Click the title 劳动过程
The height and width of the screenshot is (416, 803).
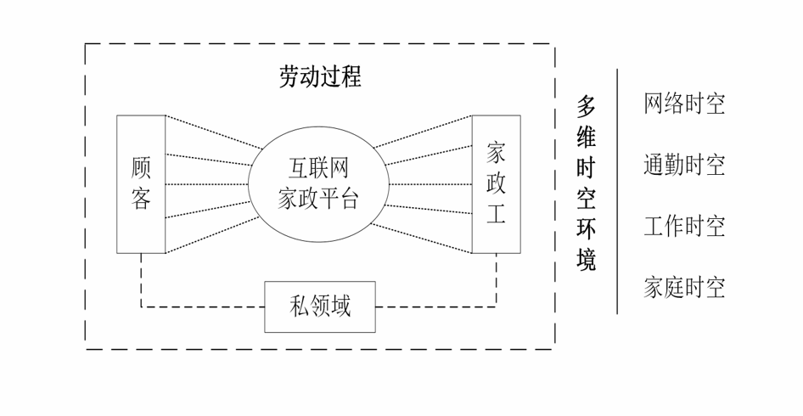321,77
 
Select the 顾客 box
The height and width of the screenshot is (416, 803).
141,183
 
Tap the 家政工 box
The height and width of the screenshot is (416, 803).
496,183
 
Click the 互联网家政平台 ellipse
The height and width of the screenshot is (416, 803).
318,183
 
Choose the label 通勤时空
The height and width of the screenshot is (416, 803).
684,165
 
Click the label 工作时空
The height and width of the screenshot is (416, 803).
684,227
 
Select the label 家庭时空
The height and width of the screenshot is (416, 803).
684,288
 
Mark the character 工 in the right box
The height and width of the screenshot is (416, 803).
496,213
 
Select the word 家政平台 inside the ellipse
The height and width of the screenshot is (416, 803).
318,200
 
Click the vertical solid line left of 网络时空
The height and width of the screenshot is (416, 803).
617,191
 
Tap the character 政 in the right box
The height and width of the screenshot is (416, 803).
496,183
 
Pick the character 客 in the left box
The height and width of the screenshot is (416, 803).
141,200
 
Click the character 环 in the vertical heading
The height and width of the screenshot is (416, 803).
587,229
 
